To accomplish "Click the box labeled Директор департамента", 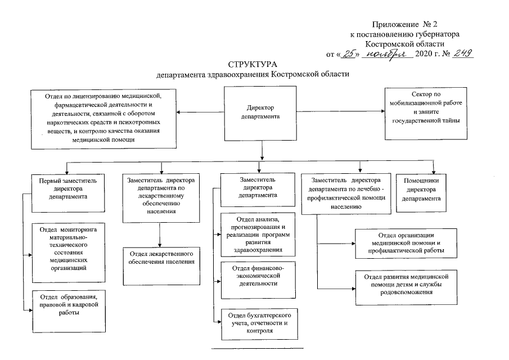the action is (260, 113).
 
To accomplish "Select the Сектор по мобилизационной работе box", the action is (426, 114).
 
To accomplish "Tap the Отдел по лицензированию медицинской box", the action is (103, 119).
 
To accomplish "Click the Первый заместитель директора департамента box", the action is (68, 193).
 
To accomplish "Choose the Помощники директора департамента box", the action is (421, 193).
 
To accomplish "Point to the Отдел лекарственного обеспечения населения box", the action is (161, 266).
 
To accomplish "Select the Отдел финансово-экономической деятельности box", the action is (258, 280).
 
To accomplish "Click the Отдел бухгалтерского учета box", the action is (260, 325).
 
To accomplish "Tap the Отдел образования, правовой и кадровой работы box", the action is (69, 311).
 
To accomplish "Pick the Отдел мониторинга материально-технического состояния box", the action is (69, 253).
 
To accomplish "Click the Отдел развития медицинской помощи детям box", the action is (406, 287).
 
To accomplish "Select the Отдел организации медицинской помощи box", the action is (406, 244).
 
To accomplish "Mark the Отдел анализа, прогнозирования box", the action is (258, 235).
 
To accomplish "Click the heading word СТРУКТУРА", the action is (253, 64).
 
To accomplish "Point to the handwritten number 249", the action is (463, 53).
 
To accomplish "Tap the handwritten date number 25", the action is (349, 53).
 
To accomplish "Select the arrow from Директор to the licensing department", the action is (200, 112).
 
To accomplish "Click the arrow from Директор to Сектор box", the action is (340, 111).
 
